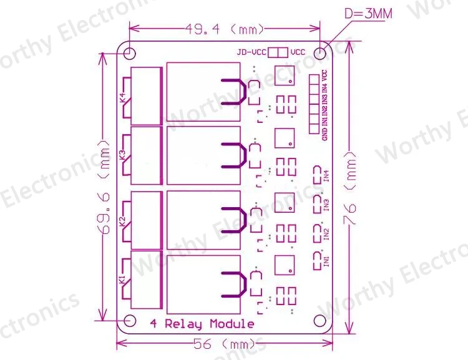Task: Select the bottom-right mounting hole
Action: (321, 320)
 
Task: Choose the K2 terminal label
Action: (122, 221)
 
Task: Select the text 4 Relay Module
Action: (202, 324)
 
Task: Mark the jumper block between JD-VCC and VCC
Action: (278, 53)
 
